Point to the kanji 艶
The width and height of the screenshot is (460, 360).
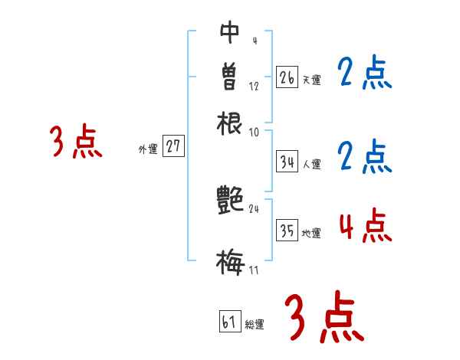(231, 201)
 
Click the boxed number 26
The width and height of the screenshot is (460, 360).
(287, 77)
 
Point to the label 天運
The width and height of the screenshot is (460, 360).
(311, 80)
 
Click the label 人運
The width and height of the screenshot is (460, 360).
(312, 164)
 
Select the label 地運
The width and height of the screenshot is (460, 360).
(311, 234)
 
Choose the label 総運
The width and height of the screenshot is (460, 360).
(255, 325)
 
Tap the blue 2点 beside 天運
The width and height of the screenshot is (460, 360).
(364, 75)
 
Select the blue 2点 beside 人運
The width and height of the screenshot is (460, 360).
(364, 157)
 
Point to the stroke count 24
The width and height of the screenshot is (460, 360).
(255, 209)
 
